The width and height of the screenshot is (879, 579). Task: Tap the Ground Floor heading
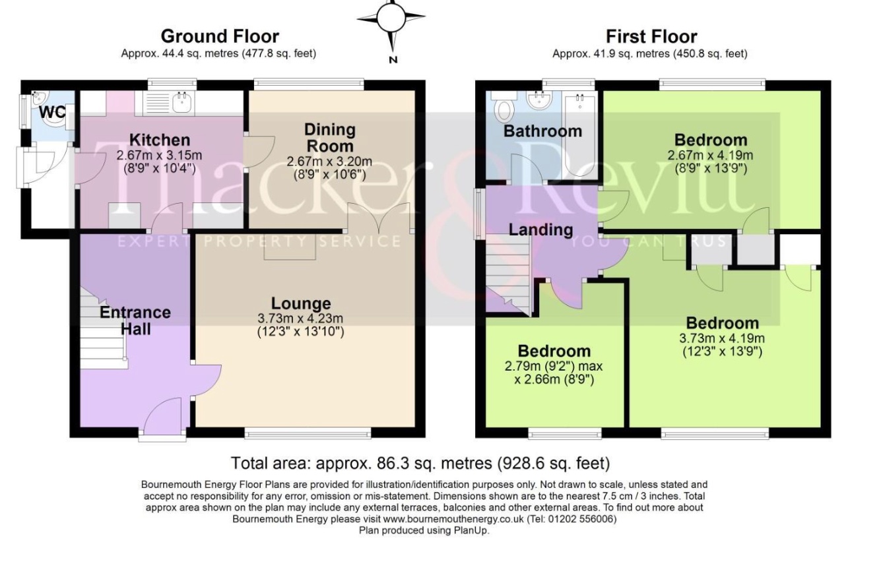pos(220,36)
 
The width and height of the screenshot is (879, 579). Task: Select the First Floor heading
pos(651,37)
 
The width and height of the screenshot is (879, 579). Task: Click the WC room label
pos(52,112)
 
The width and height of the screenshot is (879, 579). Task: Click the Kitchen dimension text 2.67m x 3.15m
pos(159,155)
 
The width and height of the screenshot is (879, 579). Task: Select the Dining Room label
pos(330,138)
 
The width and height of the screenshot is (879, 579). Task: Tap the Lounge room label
pos(301,303)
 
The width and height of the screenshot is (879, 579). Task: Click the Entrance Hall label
pos(135,320)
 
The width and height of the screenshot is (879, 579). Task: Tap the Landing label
pos(540,229)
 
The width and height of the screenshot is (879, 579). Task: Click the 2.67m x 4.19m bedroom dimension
pos(710,155)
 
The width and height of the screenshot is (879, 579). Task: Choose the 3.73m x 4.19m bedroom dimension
pos(722,338)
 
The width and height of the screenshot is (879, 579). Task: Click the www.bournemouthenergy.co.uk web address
pos(453,519)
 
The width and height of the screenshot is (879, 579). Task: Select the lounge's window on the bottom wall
pos(308,433)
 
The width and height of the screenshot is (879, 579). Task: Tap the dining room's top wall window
pos(309,84)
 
